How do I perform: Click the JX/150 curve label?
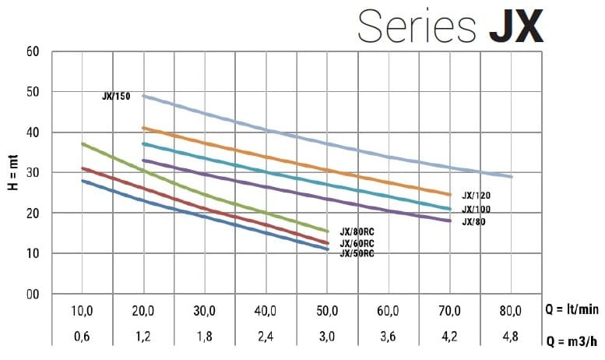click(116, 97)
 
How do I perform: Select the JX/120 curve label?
click(476, 196)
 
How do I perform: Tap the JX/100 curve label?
click(476, 210)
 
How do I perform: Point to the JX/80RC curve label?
click(357, 231)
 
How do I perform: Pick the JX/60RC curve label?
click(357, 243)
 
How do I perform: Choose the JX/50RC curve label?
click(357, 253)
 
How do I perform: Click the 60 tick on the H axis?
click(33, 52)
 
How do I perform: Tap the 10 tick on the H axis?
click(33, 253)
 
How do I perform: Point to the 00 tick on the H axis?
click(33, 295)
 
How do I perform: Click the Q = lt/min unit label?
click(572, 310)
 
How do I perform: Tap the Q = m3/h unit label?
click(572, 341)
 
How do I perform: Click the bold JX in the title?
click(515, 26)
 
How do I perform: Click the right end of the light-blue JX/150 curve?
click(511, 176)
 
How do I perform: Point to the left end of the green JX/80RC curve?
click(83, 144)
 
